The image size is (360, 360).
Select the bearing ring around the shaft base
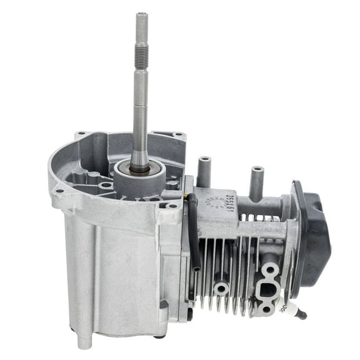(139, 167)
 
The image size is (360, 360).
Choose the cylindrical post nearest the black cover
(256, 181)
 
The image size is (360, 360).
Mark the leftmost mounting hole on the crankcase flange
(59, 191)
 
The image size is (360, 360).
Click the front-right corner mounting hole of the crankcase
(171, 204)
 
